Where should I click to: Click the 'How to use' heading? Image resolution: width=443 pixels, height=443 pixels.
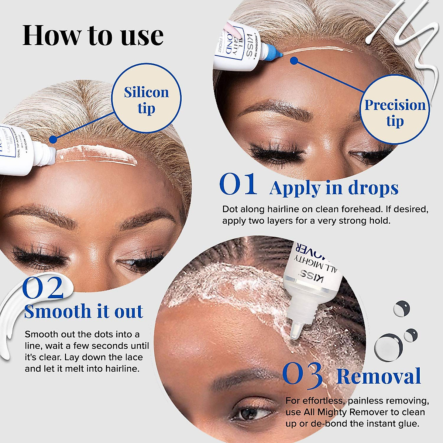coord(93,35)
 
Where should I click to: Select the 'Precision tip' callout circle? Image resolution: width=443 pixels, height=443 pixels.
coord(395,113)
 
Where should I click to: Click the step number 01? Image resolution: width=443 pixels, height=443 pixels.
coord(238,184)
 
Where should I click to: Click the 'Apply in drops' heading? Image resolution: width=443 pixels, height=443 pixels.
coord(334,188)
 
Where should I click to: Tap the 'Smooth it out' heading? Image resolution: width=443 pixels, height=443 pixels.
coord(83,311)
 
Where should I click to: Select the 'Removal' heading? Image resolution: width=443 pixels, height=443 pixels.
coord(379,376)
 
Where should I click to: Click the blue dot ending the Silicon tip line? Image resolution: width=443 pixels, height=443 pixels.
coord(53,139)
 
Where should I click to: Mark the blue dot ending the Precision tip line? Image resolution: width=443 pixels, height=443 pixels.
coord(294,61)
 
